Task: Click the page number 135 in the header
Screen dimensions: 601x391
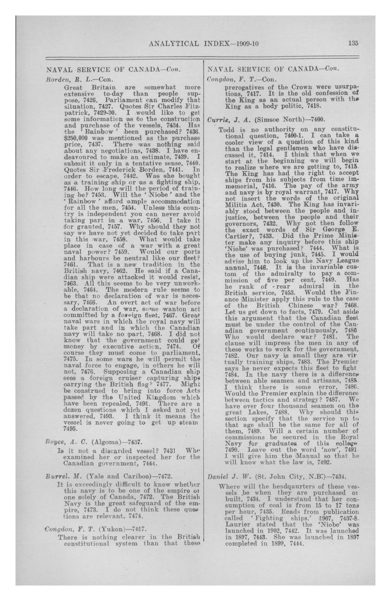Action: tap(353, 43)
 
